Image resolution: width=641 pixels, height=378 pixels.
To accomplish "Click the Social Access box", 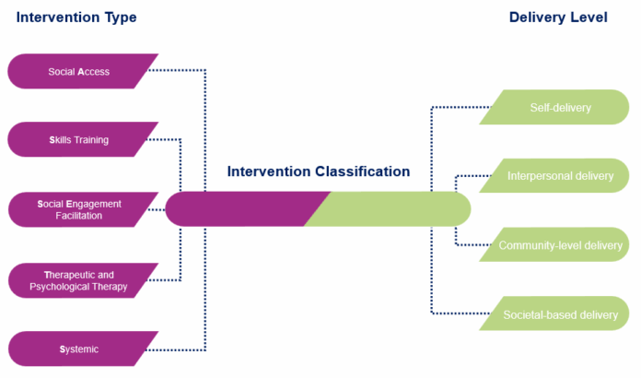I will point(79,71).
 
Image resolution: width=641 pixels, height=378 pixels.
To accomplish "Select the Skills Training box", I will point(79,140).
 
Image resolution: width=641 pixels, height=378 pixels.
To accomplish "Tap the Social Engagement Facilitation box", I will point(79,209).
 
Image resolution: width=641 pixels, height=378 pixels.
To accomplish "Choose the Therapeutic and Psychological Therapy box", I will point(79,280).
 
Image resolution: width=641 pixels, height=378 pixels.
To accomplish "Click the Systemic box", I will point(79,349).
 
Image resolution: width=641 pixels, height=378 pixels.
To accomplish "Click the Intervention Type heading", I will point(76,17).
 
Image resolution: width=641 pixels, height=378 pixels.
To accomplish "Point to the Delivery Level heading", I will point(558,17).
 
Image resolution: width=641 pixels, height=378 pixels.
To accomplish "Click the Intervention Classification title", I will point(319,171).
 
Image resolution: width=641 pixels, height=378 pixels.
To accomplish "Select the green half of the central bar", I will point(396,208).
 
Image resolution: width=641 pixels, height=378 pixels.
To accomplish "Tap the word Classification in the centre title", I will point(360,171).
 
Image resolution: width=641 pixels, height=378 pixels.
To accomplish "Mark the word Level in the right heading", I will point(589,17).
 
